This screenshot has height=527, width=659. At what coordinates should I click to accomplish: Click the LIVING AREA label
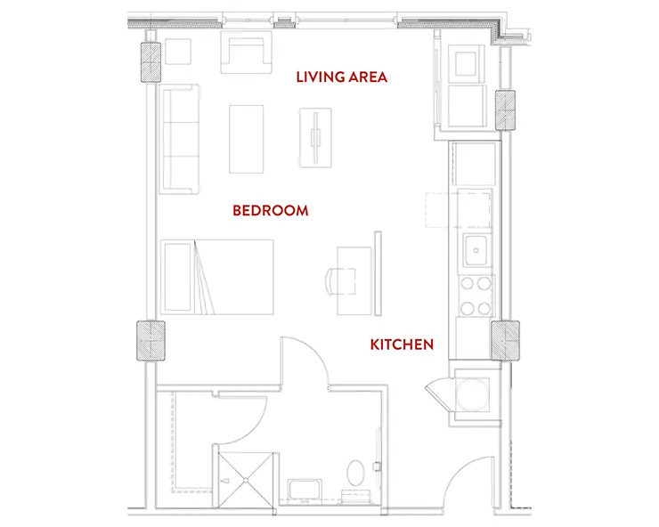tap(341, 77)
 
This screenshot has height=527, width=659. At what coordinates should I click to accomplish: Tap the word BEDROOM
tap(270, 210)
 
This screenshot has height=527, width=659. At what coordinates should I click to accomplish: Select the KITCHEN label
tap(402, 345)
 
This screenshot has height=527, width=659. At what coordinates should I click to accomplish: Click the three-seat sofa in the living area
tap(179, 139)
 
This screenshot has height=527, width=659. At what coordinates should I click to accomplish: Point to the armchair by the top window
tap(247, 53)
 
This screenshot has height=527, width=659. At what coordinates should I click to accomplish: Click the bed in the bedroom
tap(217, 277)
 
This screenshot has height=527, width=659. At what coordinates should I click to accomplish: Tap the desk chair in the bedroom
tap(340, 281)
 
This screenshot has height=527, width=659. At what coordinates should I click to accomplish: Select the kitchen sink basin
tap(476, 250)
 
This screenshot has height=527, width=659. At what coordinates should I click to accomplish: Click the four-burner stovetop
tap(476, 296)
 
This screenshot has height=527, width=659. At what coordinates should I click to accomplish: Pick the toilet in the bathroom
tap(356, 473)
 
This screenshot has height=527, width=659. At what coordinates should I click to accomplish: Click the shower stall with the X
tap(246, 481)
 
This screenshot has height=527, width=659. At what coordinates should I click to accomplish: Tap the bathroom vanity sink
tap(305, 491)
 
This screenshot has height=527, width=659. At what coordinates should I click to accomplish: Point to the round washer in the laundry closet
tap(472, 394)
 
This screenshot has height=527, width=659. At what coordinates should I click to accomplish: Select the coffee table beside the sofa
tap(247, 139)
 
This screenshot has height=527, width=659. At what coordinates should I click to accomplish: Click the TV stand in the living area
tap(315, 138)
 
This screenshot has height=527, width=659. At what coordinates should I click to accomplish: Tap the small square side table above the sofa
tap(178, 52)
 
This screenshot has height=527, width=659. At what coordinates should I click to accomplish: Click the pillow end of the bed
tap(178, 277)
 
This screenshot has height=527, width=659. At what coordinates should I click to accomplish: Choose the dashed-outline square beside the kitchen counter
tap(442, 210)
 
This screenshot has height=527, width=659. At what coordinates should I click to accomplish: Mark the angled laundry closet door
tap(440, 394)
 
